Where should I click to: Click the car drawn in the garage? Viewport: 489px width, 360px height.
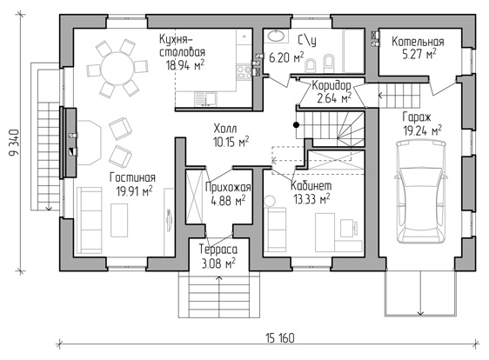point(421,191)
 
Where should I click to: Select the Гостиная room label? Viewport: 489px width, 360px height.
point(132,177)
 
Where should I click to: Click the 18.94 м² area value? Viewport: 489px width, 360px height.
point(185,65)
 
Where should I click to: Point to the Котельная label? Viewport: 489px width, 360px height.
point(418,42)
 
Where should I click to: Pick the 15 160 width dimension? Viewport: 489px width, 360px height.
point(280,338)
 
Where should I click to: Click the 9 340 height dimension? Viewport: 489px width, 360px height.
point(14,143)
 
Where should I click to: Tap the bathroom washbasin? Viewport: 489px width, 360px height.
point(276,36)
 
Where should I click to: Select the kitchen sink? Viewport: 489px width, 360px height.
point(205,98)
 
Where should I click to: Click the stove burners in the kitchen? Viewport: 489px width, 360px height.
point(244,72)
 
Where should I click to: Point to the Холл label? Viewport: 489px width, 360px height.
point(225,128)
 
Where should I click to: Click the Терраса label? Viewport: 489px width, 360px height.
point(218,250)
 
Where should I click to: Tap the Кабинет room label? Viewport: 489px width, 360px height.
point(311,186)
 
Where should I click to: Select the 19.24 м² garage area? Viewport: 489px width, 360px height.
point(423,130)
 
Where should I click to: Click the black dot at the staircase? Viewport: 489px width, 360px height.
point(296,125)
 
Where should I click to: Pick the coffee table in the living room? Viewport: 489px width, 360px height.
point(119,220)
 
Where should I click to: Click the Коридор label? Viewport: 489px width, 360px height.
point(332,85)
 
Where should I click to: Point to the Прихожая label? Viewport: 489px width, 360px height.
point(228,187)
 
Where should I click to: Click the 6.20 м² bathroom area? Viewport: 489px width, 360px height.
point(286,57)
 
